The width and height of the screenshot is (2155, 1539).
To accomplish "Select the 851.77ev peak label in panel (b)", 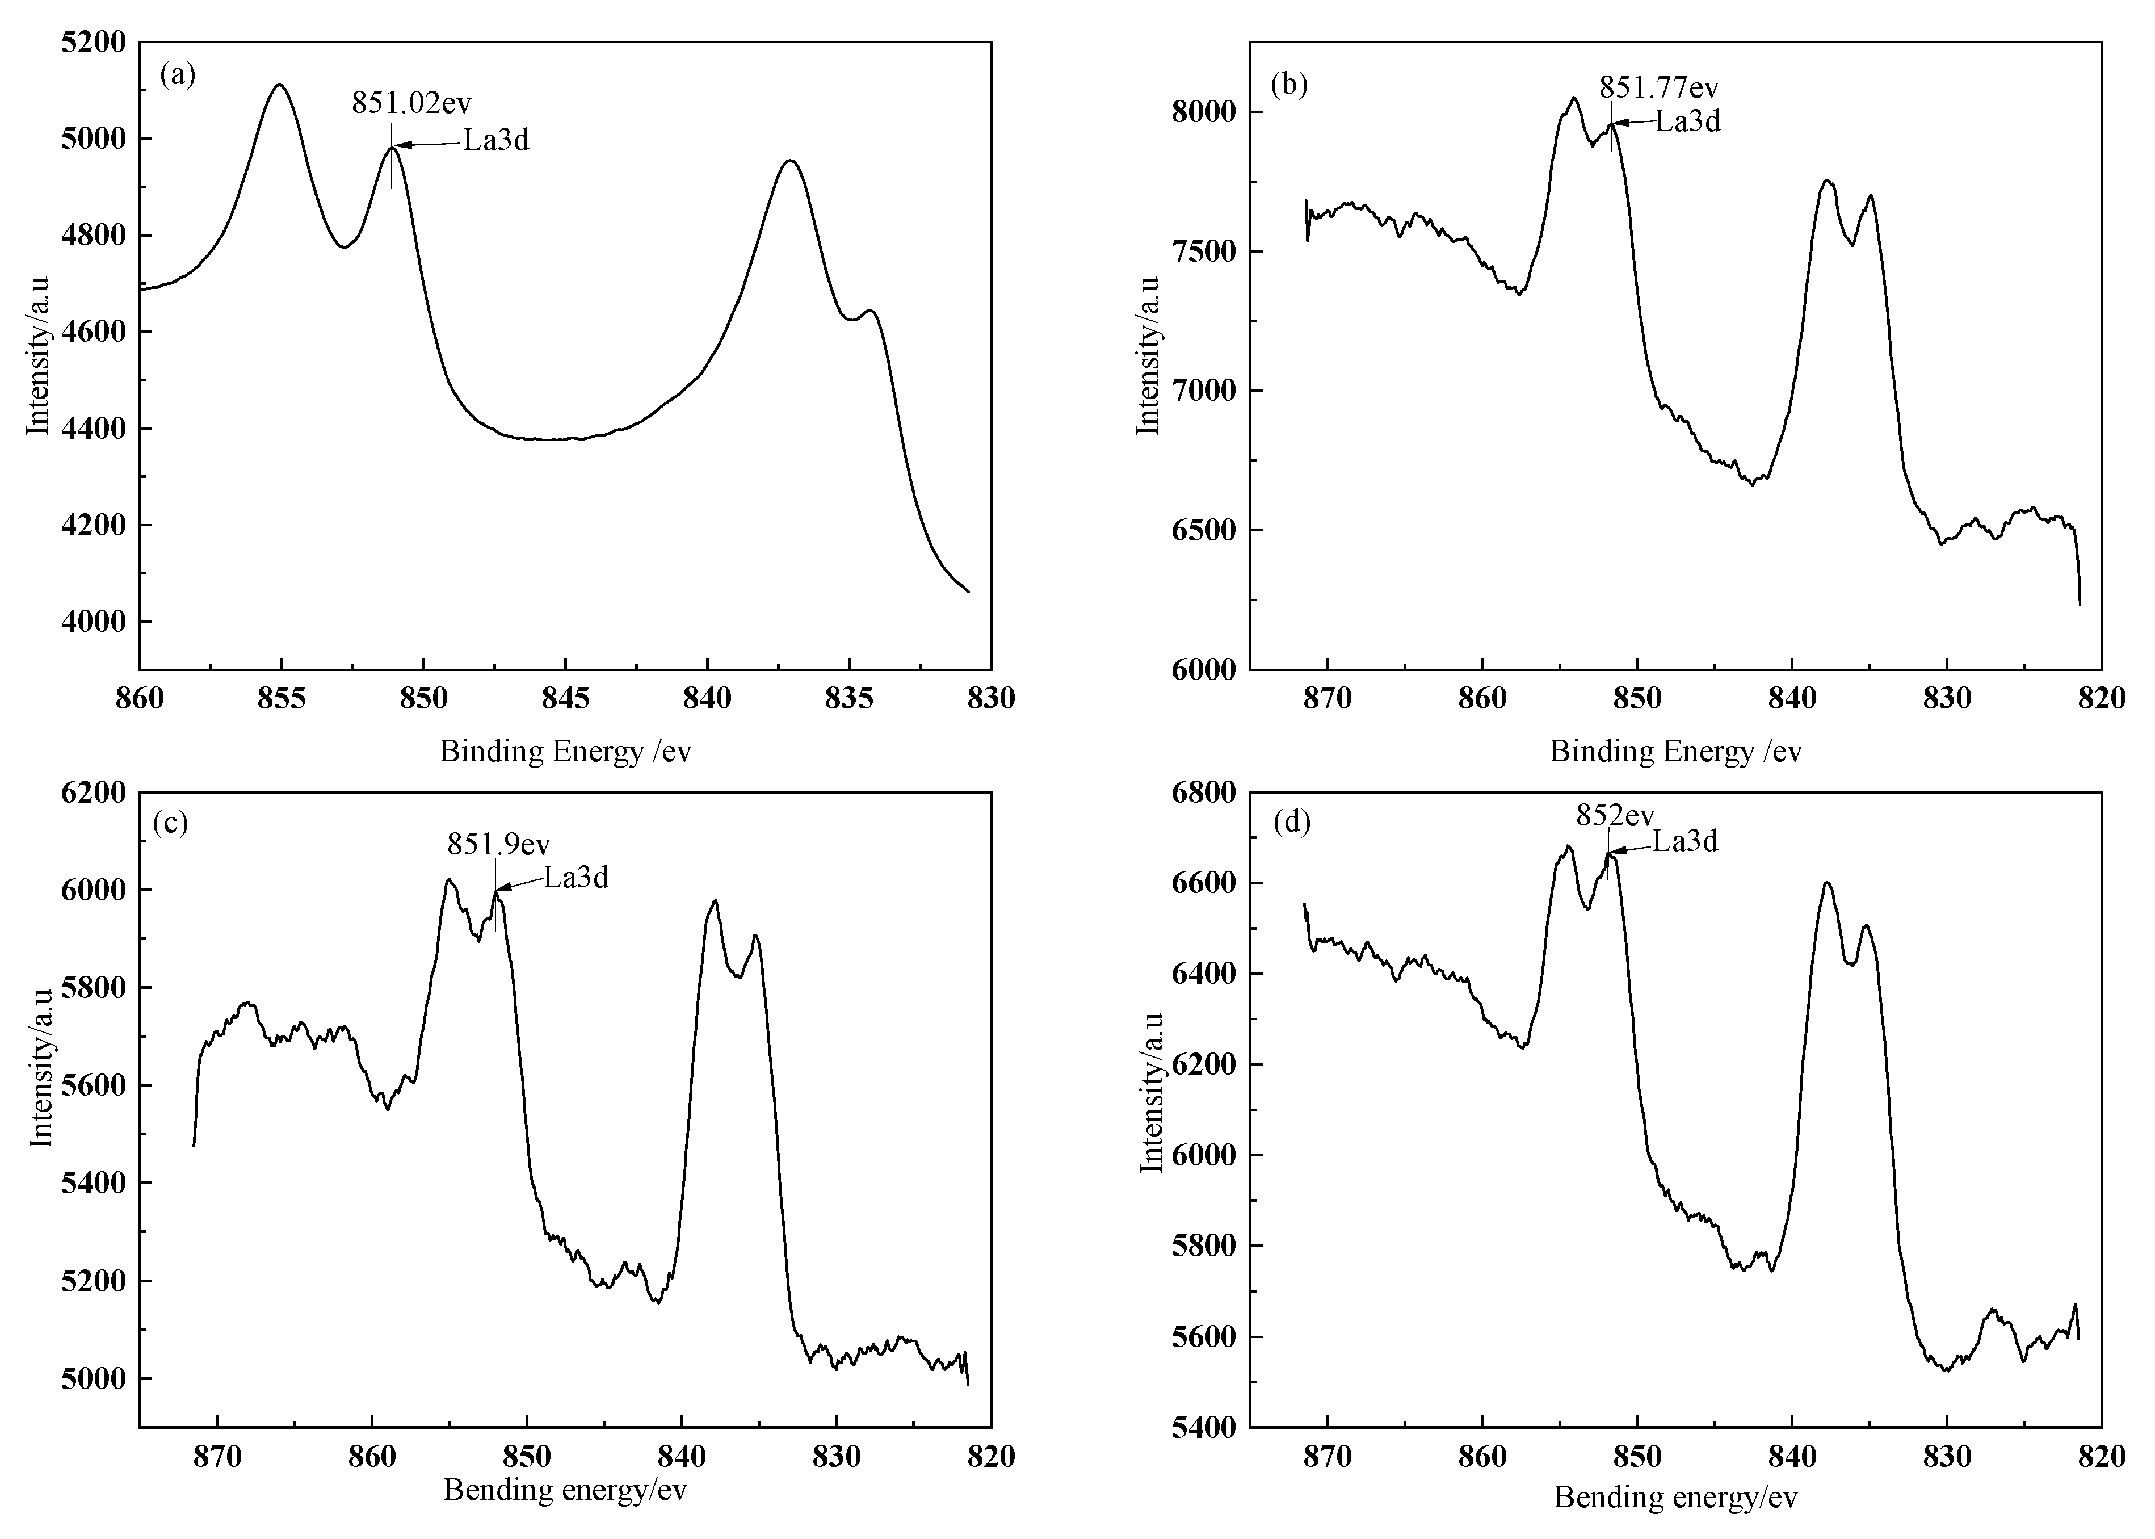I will (1658, 88).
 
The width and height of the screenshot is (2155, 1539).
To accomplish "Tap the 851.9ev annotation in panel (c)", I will (498, 844).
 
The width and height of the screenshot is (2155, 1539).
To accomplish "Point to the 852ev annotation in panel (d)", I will (1615, 816).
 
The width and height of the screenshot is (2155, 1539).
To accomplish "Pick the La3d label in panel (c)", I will (576, 878).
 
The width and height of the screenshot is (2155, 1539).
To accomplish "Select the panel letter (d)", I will (1292, 821).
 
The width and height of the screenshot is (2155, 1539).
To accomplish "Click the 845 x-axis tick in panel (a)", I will (565, 698).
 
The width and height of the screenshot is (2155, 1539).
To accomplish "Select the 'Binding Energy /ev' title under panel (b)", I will (1675, 752).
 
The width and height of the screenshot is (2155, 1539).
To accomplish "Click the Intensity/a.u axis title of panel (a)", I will (38, 355).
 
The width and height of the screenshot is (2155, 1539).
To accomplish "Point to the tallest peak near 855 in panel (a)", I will (279, 85).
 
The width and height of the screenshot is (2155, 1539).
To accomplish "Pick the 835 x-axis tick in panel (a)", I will (848, 698).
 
